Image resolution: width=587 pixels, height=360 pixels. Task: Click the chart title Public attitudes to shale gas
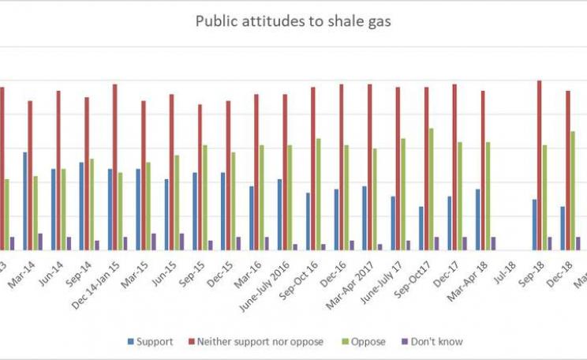pyautogui.click(x=293, y=21)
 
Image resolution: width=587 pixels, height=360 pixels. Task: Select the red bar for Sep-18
pyautogui.click(x=540, y=165)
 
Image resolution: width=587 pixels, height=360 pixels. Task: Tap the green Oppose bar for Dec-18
pyautogui.click(x=573, y=190)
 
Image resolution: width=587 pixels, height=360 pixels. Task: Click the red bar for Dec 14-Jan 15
pyautogui.click(x=115, y=167)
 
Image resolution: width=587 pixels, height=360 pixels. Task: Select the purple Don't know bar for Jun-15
pyautogui.click(x=181, y=242)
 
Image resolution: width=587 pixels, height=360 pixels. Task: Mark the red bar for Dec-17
pyautogui.click(x=454, y=167)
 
